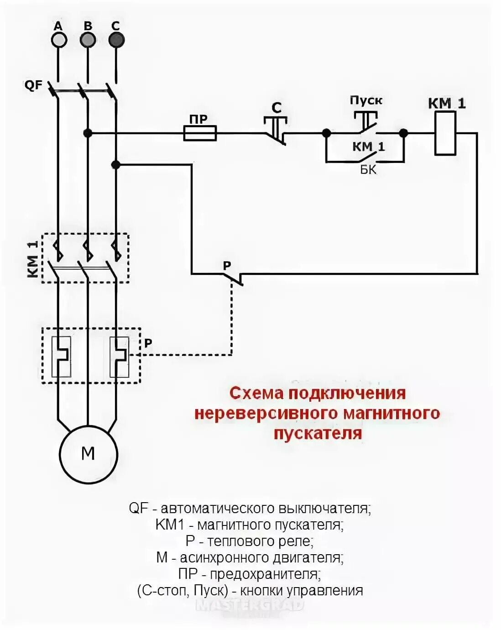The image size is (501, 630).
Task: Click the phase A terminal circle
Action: tap(58, 40)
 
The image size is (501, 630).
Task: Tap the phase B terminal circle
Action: tap(88, 40)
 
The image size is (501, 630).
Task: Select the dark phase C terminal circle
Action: tap(116, 40)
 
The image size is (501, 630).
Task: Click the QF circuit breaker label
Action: tap(33, 85)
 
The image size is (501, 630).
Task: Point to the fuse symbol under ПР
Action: tap(200, 133)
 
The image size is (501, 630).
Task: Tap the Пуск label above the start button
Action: tap(366, 100)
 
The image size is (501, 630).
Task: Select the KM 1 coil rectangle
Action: tap(445, 133)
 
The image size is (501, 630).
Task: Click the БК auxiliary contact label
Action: tap(368, 170)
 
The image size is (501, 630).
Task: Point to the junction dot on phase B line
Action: tap(88, 133)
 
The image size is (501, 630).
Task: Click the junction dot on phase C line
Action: tap(116, 164)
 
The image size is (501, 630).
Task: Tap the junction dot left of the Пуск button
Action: tap(326, 133)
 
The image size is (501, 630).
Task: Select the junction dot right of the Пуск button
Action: tap(403, 133)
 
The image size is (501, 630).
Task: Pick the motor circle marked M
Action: tap(88, 454)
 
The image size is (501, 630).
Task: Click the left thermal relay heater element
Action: tap(61, 356)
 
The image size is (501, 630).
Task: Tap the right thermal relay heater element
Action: tap(119, 356)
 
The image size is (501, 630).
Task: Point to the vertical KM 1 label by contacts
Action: tap(33, 259)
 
